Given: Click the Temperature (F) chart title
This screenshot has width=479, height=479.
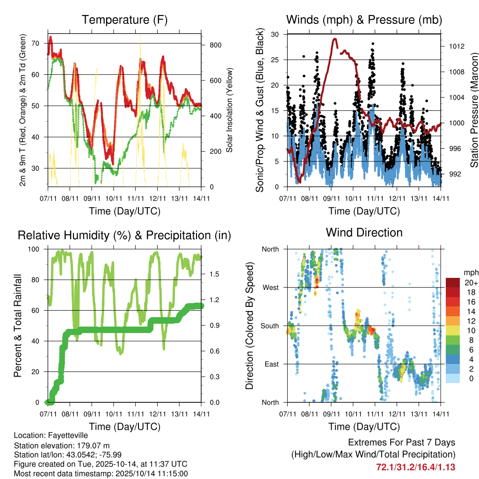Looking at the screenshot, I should (x=124, y=20).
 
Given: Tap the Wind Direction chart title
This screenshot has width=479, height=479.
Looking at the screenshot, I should (x=364, y=232).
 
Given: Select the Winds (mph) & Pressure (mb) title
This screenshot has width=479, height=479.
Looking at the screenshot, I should (x=364, y=20).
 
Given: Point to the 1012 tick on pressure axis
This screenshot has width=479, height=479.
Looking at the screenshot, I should (x=457, y=47).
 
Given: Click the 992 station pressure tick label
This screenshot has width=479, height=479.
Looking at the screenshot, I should (x=455, y=174).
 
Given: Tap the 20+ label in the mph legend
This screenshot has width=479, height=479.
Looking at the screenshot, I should (x=471, y=283).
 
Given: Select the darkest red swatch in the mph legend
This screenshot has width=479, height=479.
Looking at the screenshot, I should (x=453, y=283).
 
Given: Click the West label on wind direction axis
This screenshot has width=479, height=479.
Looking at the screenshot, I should (x=270, y=287).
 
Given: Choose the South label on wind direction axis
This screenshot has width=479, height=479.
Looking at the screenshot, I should (x=269, y=326).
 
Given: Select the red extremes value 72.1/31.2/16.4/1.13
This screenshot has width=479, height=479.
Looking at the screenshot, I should (x=415, y=467).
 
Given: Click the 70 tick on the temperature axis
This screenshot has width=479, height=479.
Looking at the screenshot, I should (x=39, y=44).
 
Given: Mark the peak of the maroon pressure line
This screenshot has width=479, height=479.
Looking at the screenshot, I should (x=335, y=39).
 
